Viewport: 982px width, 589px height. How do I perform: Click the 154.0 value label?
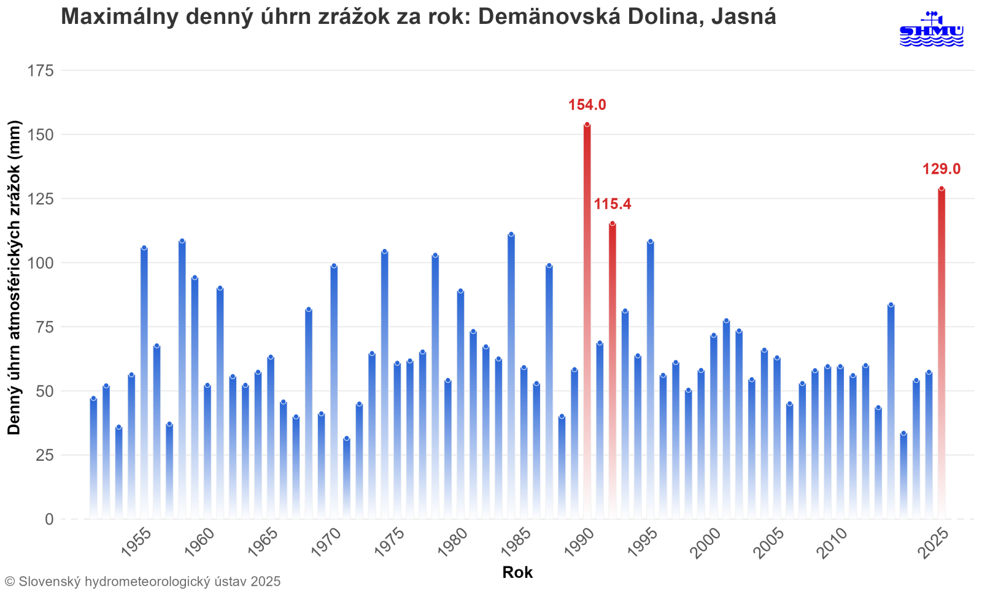pos(587,105)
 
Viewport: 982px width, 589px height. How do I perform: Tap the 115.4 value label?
pos(612,204)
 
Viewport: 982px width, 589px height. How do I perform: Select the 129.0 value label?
pos(941,169)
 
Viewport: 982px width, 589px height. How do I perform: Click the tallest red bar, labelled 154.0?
pos(587,319)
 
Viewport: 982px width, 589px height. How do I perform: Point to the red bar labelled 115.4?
pos(613,368)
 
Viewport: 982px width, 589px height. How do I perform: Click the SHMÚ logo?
pos(931,29)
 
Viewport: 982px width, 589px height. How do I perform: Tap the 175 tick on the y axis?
pos(41,71)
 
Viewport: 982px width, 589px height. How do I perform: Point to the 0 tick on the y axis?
pos(49,520)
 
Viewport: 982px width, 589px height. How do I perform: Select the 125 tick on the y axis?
pos(41,199)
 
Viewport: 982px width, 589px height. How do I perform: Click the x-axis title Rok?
pos(517,572)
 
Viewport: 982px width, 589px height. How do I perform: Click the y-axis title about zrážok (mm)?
pos(14,277)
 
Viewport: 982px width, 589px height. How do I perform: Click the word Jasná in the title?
pos(743,17)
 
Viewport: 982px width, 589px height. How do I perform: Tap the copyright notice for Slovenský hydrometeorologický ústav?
pos(142,581)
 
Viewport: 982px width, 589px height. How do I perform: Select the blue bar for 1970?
pos(334,393)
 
